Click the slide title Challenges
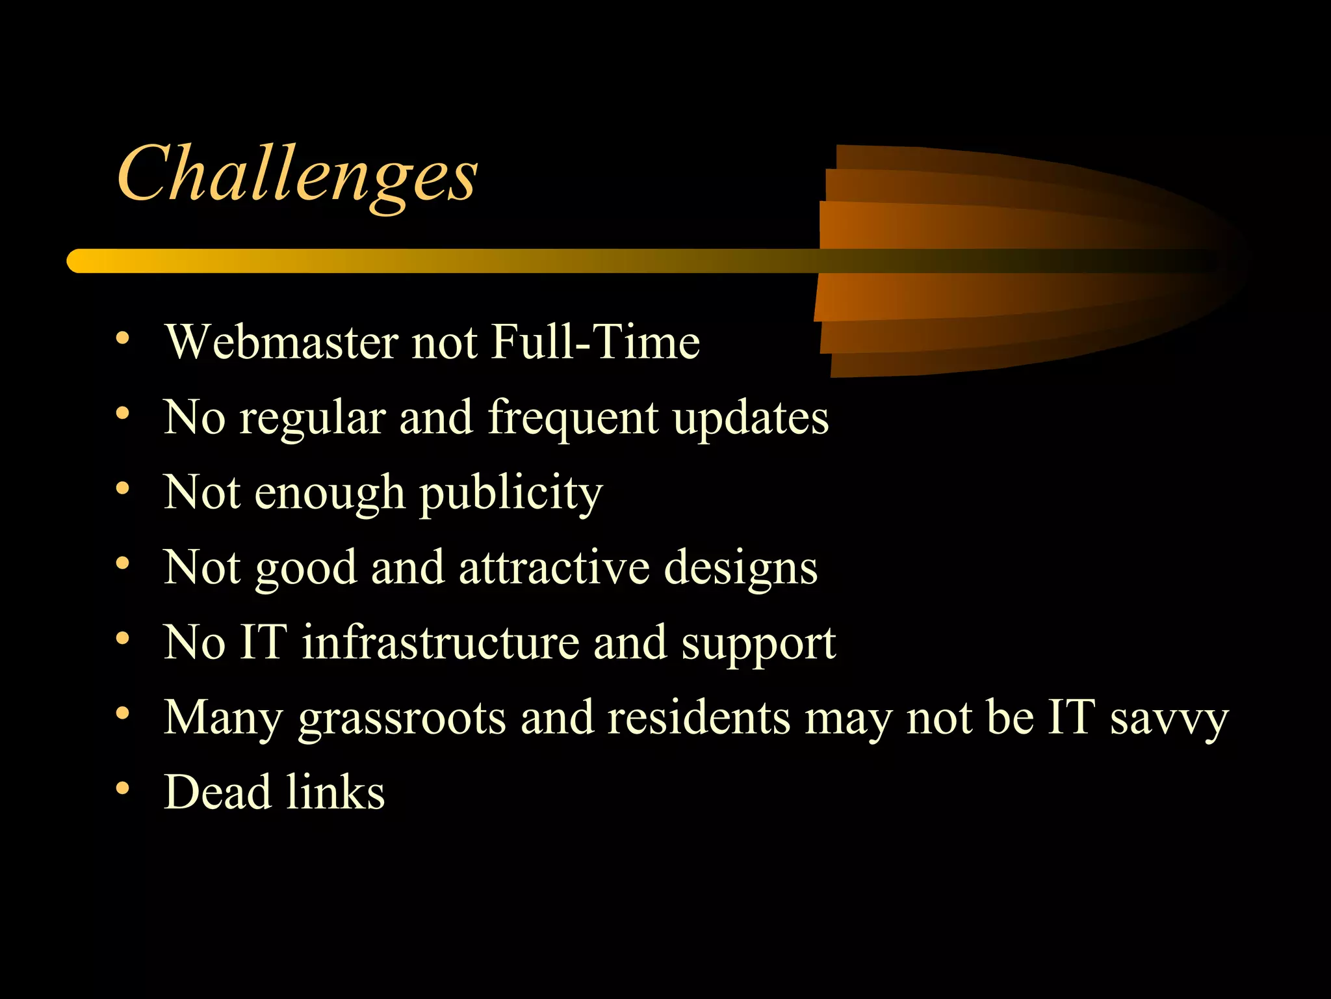coord(297,174)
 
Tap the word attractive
coord(554,567)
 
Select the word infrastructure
coord(440,643)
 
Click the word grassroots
coord(402,719)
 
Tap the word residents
coord(699,717)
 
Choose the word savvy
coord(1169,719)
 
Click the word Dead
coord(217,792)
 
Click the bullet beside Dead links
coord(122,788)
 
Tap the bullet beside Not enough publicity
coord(122,488)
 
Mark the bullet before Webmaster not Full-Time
coord(122,338)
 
